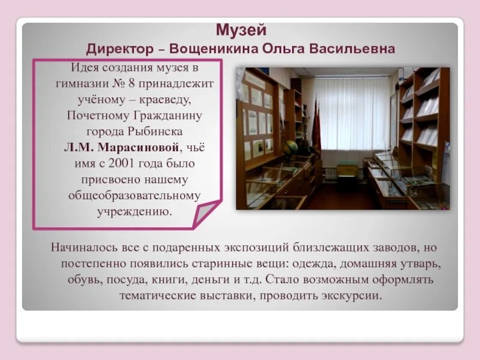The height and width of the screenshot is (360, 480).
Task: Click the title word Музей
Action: coord(241,29)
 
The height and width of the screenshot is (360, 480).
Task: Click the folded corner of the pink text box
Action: coord(206,214)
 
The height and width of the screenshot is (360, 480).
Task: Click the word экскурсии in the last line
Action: coord(352,296)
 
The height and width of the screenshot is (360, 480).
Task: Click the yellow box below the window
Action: coord(347,170)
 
